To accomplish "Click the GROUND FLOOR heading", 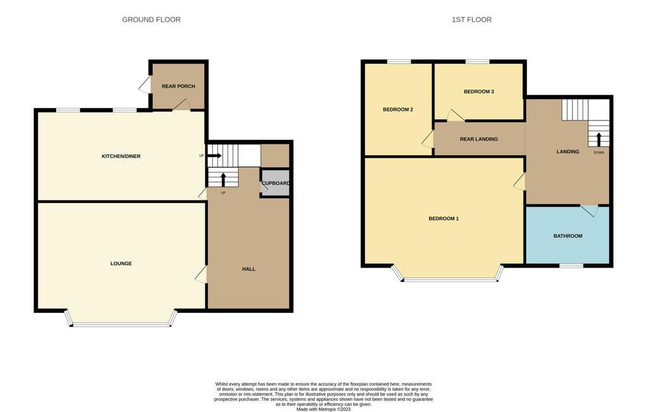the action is (x=151, y=20).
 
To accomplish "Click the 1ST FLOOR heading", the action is (x=471, y=20).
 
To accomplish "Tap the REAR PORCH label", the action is (x=178, y=86).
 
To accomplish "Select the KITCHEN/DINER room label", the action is (x=121, y=156).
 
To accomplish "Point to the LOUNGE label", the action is (x=121, y=263).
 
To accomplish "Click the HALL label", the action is (x=248, y=269).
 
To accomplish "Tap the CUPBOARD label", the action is (x=275, y=183).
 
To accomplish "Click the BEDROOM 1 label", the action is (x=444, y=218).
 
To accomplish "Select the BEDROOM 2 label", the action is (x=398, y=110).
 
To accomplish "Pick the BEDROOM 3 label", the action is (x=479, y=91).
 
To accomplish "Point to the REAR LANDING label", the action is (x=479, y=139).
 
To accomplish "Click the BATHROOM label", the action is (x=568, y=236).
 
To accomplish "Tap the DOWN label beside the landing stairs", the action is (x=599, y=153).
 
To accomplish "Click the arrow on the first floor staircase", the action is (x=598, y=139).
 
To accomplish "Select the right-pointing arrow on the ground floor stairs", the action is (x=214, y=155).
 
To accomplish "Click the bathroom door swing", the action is (x=590, y=210).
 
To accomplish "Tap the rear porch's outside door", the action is (x=145, y=85).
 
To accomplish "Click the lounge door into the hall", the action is (x=202, y=274).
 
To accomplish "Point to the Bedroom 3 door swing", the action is (x=456, y=115).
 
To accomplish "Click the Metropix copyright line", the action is (x=323, y=409).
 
